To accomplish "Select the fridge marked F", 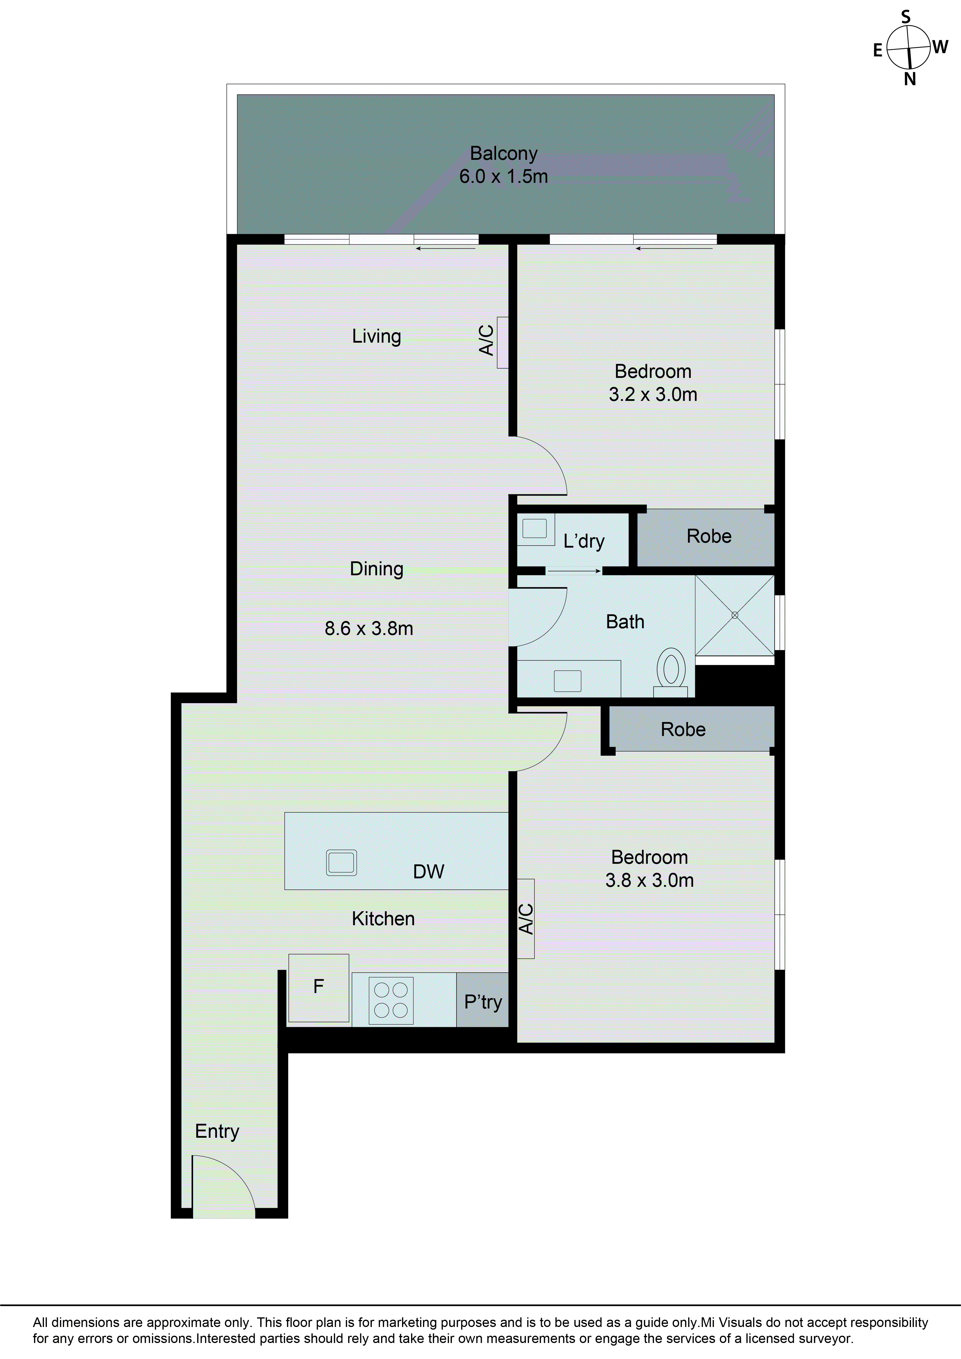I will pos(318,987).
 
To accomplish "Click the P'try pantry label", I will pos(483,1001).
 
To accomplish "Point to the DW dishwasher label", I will pos(429,871).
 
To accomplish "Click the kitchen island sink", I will pos(341,862).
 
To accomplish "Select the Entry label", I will pos(217,1131).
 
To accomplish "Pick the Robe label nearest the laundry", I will pos(709,536).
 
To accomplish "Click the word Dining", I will pos(376,569).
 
